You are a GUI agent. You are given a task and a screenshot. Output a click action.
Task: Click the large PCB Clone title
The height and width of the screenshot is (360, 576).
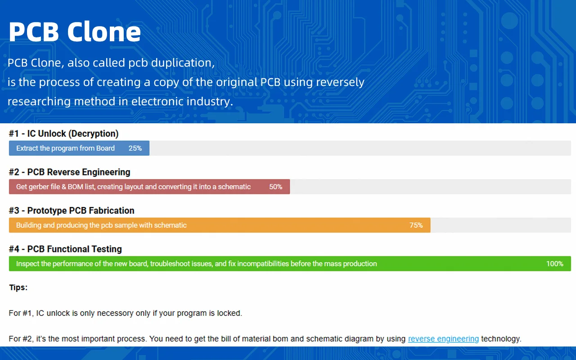[75, 31]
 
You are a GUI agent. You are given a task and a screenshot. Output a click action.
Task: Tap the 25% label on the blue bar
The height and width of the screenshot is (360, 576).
[135, 148]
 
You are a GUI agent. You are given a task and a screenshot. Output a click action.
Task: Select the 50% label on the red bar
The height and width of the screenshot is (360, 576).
[276, 187]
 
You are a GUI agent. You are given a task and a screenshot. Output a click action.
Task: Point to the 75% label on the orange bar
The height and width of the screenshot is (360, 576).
[416, 225]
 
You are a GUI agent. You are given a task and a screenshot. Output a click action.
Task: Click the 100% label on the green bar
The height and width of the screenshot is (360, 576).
[555, 264]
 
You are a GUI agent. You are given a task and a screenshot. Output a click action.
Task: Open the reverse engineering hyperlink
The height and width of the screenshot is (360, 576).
[443, 339]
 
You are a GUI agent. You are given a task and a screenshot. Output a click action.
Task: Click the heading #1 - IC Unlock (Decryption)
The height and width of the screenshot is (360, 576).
[64, 134]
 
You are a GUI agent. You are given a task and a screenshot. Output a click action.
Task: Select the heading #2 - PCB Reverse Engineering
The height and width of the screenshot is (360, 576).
[70, 172]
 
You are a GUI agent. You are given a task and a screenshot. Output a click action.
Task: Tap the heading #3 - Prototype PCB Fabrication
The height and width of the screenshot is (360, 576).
[72, 211]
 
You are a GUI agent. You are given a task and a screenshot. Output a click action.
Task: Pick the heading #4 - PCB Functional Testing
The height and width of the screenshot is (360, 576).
[65, 249]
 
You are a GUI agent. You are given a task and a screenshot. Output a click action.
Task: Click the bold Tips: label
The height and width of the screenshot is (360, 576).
[18, 288]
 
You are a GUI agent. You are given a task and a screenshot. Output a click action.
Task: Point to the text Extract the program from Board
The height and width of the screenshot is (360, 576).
[65, 148]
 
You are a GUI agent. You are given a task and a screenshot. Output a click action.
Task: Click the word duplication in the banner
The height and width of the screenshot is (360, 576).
[183, 63]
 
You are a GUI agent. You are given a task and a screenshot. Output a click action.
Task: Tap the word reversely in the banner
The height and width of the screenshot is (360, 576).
[340, 82]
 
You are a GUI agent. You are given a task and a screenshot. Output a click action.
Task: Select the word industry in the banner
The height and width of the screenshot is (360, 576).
[210, 101]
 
